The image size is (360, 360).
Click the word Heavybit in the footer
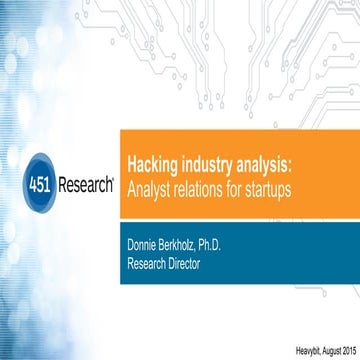point(286,347)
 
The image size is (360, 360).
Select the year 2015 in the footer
point(341,347)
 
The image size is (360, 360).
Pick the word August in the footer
point(317,347)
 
